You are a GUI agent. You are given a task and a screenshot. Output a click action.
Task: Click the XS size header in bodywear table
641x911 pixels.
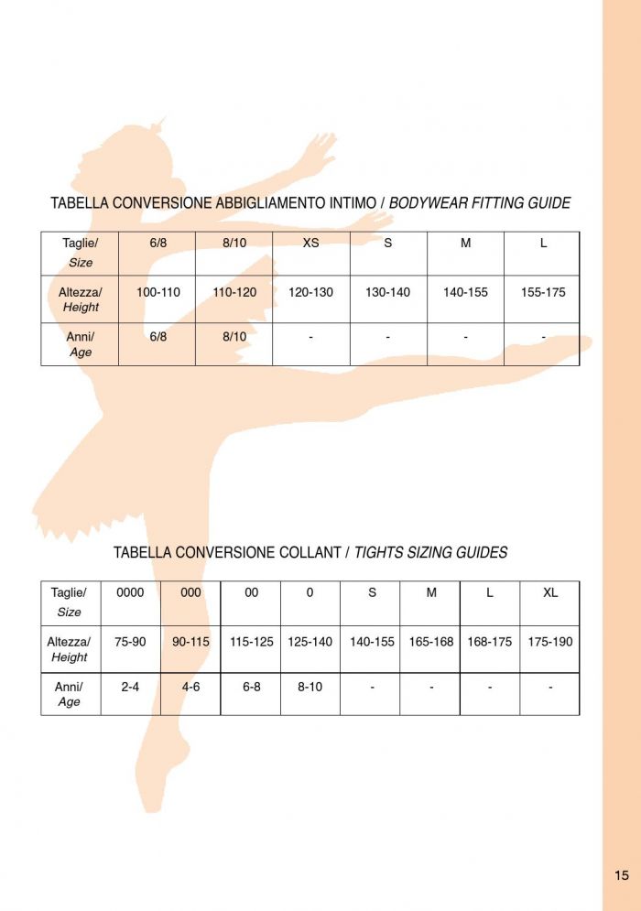coord(310,243)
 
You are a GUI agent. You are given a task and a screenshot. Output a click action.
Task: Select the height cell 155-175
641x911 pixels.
coord(543,293)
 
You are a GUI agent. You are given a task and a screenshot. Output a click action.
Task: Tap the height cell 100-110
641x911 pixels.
coord(158,293)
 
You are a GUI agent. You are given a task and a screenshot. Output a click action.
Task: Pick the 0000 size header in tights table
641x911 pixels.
coord(130,592)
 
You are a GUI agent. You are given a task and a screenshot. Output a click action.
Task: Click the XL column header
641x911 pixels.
coord(550,592)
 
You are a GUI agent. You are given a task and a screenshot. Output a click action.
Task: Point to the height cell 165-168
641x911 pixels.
coord(431,642)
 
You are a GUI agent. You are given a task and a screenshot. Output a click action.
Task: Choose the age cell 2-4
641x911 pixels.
coord(130,687)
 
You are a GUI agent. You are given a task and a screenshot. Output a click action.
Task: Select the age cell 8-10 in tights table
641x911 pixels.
coord(310,687)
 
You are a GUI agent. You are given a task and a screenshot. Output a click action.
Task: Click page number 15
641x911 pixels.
coord(622,875)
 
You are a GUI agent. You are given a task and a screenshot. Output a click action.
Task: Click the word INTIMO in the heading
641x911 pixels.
coord(348,203)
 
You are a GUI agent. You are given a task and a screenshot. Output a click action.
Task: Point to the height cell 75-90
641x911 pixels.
coord(130,642)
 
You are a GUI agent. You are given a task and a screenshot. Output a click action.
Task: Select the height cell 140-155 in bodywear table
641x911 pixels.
coord(465,293)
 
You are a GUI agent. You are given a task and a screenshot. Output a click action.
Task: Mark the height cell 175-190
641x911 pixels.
coord(550,642)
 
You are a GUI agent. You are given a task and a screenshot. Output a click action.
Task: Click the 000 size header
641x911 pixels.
coord(190,592)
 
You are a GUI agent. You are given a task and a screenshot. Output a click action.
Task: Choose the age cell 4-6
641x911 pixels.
coord(190,687)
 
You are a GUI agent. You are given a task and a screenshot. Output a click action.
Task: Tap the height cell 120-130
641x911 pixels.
coord(310,293)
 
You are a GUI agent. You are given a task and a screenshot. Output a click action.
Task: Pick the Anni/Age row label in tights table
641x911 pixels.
coord(70,694)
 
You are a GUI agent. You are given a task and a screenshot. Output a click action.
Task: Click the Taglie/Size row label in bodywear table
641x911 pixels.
coord(80,252)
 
